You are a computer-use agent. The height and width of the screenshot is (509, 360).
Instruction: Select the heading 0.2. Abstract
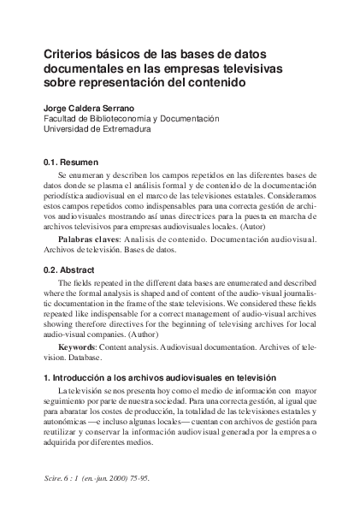(71, 268)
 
